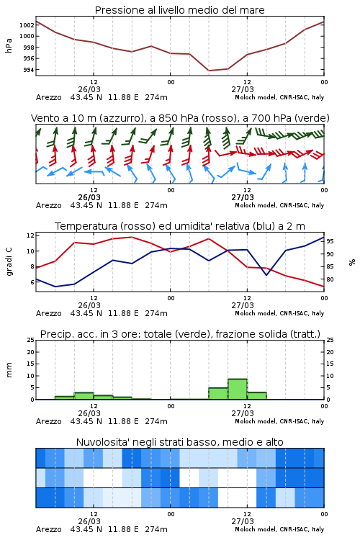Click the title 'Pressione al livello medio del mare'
point(179,10)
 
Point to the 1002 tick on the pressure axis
point(27,24)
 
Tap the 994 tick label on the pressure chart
point(29,70)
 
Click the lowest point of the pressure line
point(209,71)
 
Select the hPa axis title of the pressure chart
point(9,45)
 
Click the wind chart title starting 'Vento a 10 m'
point(180,118)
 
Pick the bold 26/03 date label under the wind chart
point(89,197)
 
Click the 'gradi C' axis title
point(9,262)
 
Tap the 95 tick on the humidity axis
point(330,241)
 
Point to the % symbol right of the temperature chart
point(352,262)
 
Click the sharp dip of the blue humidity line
point(266,275)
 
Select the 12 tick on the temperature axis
point(30,235)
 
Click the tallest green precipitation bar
point(238,389)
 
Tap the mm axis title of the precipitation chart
point(9,369)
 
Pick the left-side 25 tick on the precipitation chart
point(31,340)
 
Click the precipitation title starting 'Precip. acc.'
point(180,334)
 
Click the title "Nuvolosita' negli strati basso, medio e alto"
point(179,442)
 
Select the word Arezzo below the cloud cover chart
point(48,529)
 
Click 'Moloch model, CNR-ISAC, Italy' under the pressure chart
point(279,97)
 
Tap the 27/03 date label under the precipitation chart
point(243,413)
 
